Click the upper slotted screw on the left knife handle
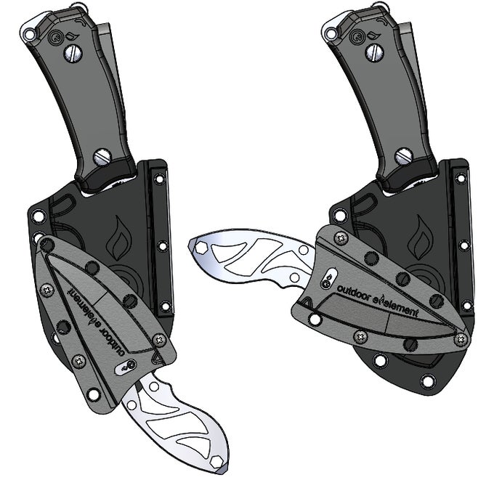(73, 54)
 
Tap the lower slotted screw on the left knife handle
(102, 157)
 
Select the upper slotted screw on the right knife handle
(375, 52)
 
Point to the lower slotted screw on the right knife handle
(404, 156)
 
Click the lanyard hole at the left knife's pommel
(28, 33)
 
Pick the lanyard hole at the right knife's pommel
(331, 33)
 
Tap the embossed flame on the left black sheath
(118, 238)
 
